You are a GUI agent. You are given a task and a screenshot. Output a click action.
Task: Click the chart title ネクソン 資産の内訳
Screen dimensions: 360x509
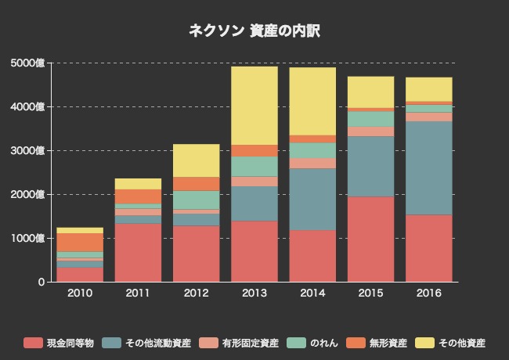254,31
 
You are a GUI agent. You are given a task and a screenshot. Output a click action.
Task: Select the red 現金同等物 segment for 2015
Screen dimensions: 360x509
370,239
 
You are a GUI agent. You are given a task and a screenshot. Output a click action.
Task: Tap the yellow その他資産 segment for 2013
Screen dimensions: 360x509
254,106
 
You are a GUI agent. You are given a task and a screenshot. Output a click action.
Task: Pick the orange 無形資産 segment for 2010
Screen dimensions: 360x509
80,242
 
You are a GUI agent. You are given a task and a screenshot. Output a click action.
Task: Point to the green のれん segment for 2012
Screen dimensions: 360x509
197,200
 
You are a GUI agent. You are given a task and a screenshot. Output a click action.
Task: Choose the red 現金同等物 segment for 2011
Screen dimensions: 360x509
139,252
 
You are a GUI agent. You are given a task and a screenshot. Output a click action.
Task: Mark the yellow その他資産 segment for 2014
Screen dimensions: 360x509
312,101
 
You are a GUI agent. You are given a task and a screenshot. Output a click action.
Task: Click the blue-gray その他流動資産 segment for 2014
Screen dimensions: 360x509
312,199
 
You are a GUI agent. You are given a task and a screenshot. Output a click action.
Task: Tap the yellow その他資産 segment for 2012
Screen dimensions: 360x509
197,160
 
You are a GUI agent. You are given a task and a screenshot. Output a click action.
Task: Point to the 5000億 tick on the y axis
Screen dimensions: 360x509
29,63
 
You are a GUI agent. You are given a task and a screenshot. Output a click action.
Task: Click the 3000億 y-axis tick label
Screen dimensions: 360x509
29,150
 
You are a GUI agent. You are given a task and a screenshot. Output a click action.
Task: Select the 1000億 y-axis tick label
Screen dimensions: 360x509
29,238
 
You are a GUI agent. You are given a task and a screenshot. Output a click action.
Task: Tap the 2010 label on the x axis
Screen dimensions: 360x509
80,293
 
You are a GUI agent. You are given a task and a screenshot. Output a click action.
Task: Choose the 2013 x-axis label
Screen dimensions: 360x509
254,293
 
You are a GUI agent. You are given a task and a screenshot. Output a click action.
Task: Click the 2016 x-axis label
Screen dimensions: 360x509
428,293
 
